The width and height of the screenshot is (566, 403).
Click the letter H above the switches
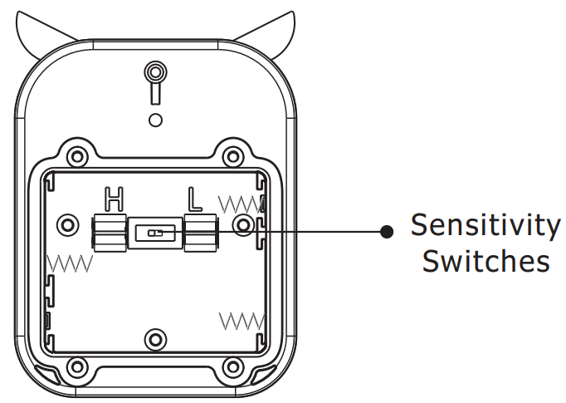click(x=114, y=199)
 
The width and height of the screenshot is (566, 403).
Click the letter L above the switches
click(x=194, y=199)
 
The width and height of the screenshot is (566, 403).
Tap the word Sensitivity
click(x=486, y=225)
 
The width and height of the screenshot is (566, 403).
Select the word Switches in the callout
click(x=486, y=261)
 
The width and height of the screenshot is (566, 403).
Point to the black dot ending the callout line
click(x=385, y=232)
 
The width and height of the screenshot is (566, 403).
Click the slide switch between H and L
click(x=155, y=233)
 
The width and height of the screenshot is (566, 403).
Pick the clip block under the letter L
click(x=200, y=233)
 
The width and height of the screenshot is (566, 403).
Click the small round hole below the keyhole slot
click(x=155, y=120)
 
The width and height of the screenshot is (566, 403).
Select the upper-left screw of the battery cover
click(x=77, y=155)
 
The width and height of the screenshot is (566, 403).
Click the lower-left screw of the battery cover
click(x=77, y=366)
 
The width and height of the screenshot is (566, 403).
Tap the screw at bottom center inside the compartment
click(x=155, y=338)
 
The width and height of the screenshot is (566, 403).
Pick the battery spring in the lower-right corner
click(x=241, y=320)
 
